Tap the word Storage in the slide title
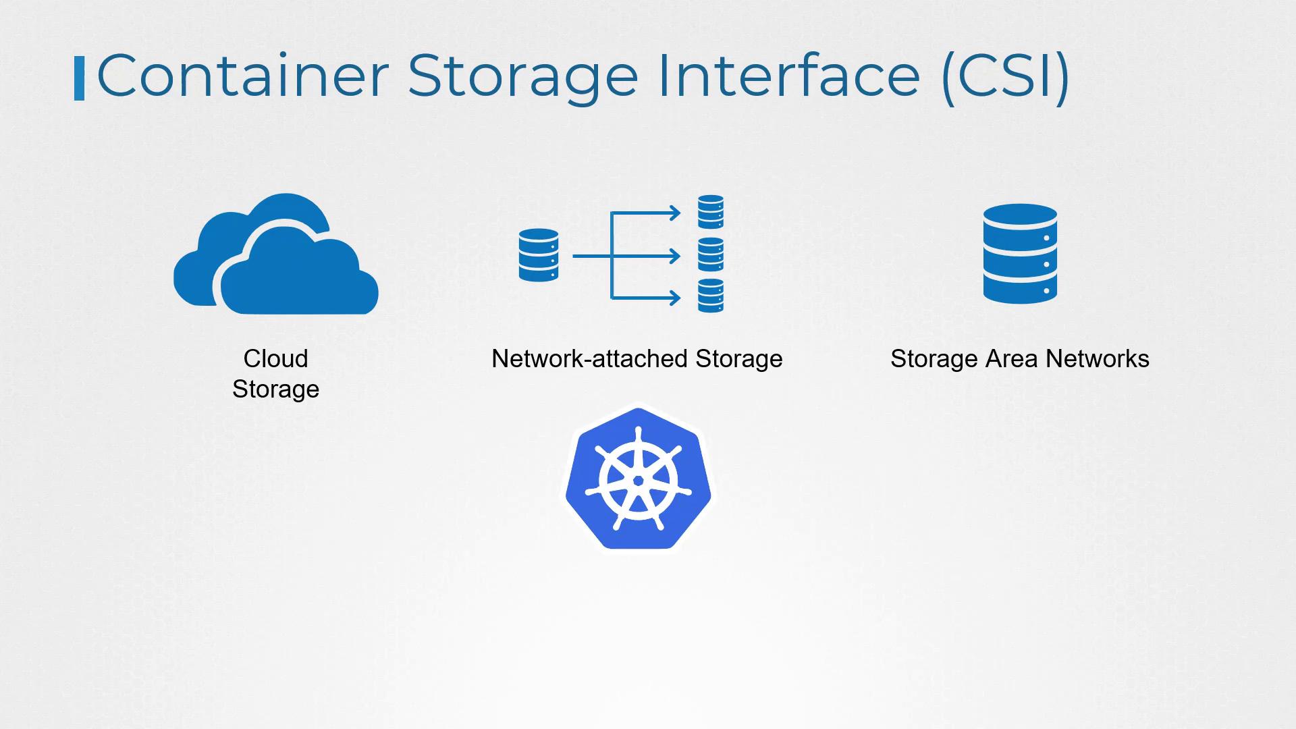(x=523, y=77)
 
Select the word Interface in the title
(x=788, y=76)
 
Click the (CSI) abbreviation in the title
(x=1005, y=77)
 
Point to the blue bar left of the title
(x=79, y=78)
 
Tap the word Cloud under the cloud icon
(x=275, y=358)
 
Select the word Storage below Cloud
(x=275, y=389)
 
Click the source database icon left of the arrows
(x=539, y=255)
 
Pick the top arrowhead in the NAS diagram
(x=674, y=213)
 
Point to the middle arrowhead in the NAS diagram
(x=674, y=256)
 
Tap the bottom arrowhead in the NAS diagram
(x=674, y=297)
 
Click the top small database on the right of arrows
(x=710, y=212)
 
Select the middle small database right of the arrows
(x=710, y=254)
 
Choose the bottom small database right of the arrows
(x=710, y=296)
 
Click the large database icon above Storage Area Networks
(x=1020, y=254)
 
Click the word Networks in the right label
(x=1098, y=358)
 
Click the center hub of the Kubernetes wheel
(x=638, y=481)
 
